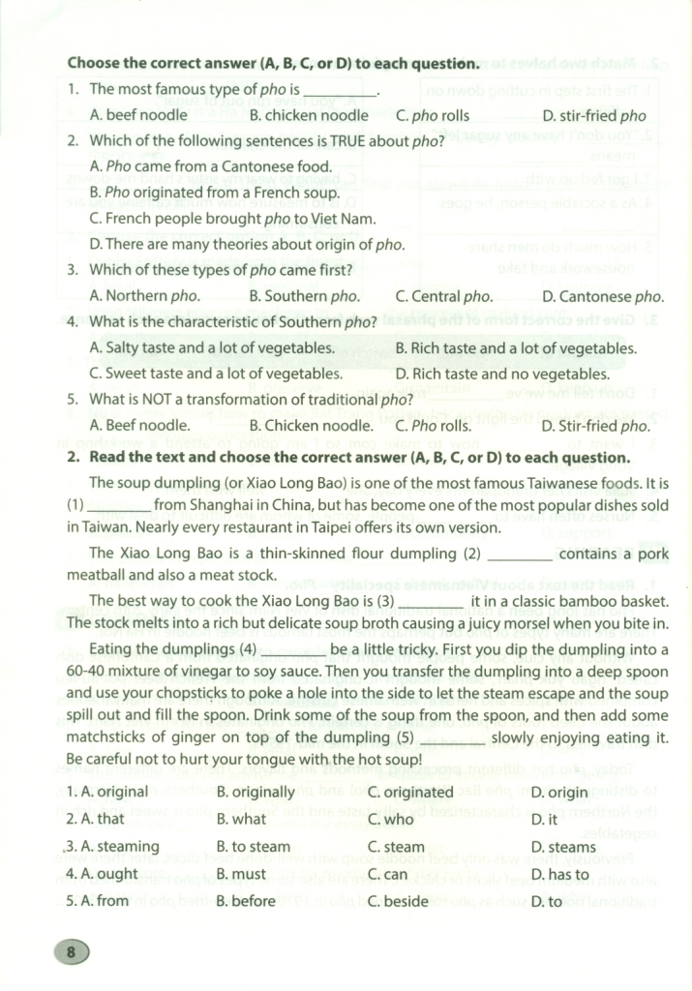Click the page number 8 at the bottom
click(71, 952)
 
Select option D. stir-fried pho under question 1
click(594, 115)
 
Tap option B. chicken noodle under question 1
click(309, 115)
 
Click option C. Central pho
click(444, 296)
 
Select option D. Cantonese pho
click(603, 296)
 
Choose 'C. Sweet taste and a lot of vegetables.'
click(215, 373)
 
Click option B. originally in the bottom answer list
click(256, 792)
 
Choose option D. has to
click(560, 875)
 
